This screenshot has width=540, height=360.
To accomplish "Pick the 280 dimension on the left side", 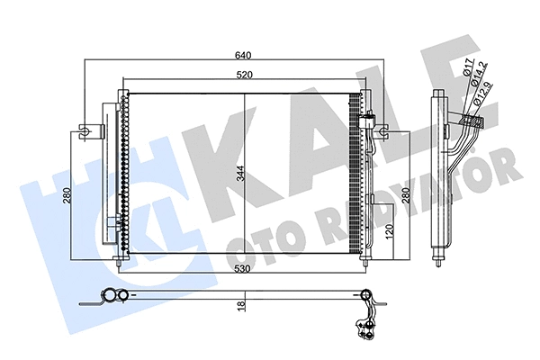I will [67, 197].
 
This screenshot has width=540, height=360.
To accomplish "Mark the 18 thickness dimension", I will [242, 305].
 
